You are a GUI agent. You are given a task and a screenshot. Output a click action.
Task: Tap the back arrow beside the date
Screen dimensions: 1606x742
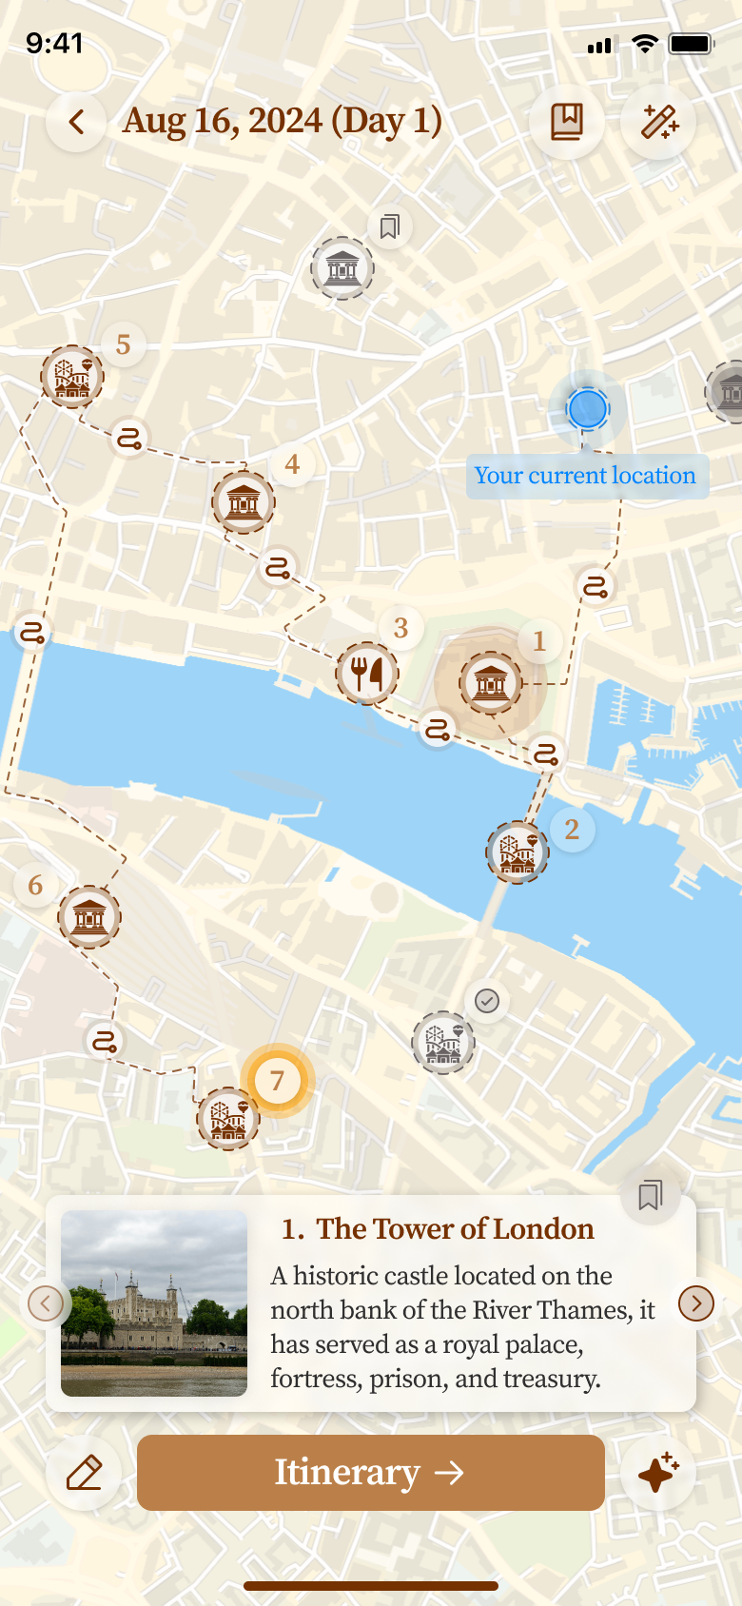click(x=76, y=122)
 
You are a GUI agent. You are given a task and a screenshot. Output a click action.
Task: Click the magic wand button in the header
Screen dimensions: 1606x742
click(x=658, y=122)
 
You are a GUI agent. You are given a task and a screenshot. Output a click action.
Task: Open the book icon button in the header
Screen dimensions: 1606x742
click(x=567, y=122)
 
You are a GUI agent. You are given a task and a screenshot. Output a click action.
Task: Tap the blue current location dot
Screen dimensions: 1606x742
click(x=587, y=409)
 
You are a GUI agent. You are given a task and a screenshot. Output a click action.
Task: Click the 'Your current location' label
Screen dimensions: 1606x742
click(x=586, y=476)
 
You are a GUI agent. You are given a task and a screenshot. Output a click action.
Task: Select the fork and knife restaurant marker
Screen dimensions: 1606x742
click(x=367, y=674)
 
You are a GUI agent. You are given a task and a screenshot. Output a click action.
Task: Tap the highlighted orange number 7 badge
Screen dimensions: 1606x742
click(x=277, y=1081)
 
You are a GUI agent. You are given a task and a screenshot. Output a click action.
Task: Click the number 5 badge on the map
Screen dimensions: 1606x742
click(x=123, y=344)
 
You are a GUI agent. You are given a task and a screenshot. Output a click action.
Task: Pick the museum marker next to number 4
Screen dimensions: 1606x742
click(x=244, y=501)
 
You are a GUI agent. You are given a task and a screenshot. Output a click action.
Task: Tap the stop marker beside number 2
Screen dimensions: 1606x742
click(x=517, y=852)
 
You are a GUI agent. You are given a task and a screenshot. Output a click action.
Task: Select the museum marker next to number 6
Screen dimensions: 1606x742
click(x=89, y=917)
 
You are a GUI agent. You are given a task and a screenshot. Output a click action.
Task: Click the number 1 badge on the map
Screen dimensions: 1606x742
click(x=539, y=641)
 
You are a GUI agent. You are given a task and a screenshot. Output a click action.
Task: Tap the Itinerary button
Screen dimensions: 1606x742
click(x=371, y=1473)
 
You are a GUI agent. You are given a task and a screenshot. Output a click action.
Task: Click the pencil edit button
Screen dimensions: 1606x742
click(x=84, y=1473)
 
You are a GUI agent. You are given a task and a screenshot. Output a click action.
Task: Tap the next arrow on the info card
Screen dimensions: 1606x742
click(x=696, y=1302)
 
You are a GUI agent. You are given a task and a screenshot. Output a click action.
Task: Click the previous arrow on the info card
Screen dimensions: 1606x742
click(x=46, y=1302)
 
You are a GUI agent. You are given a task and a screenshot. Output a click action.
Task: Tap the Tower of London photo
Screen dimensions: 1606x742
click(x=154, y=1302)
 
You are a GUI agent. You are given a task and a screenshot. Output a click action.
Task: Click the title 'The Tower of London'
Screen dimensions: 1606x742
click(x=438, y=1229)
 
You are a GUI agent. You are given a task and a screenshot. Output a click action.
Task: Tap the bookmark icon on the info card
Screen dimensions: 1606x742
click(x=651, y=1195)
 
